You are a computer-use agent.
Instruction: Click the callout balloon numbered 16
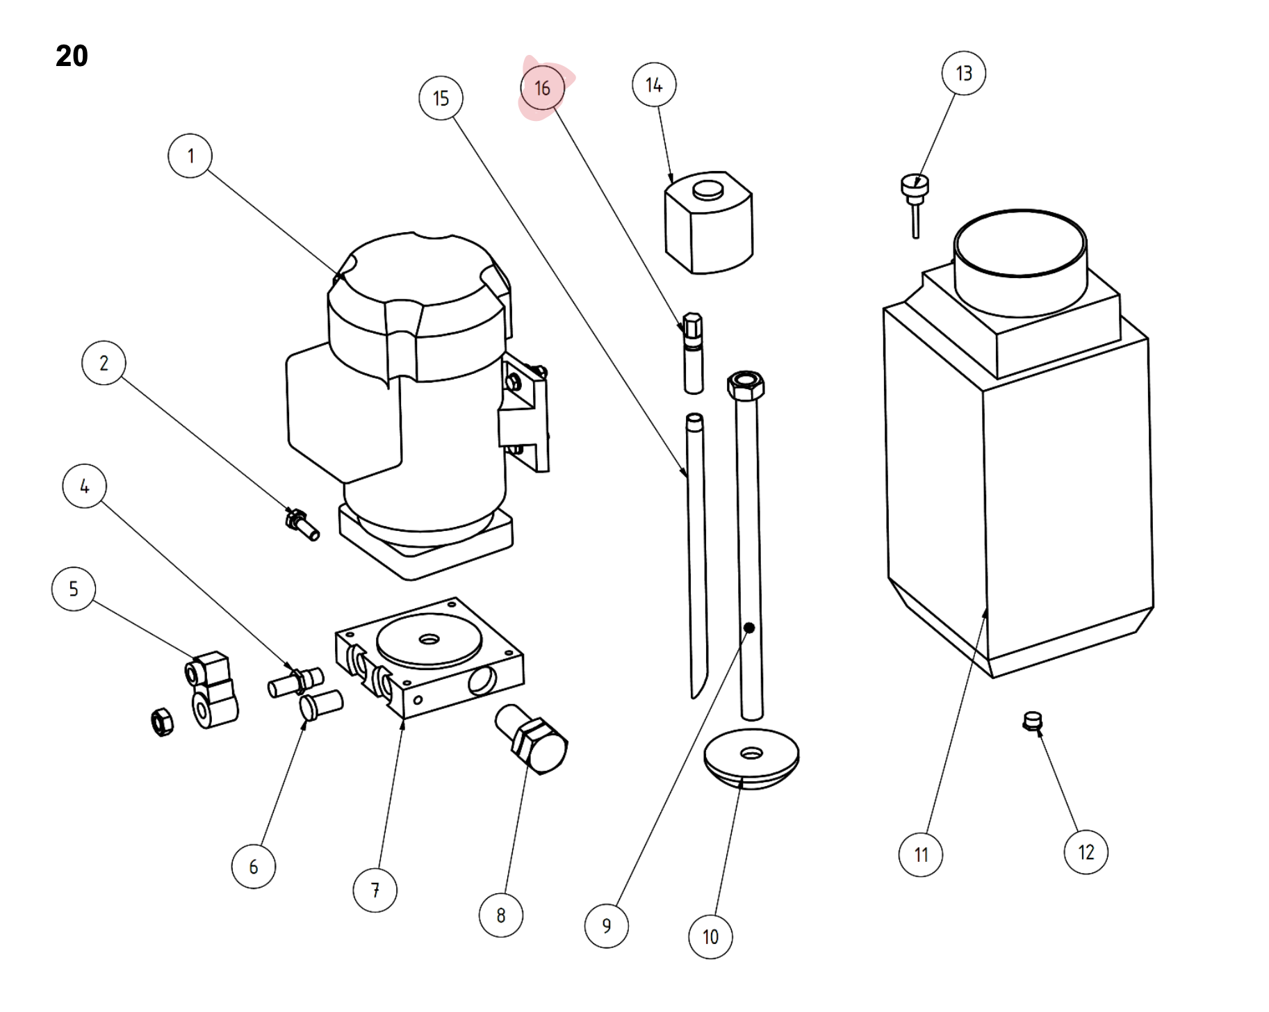[x=542, y=88]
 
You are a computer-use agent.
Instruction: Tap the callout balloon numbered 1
[x=190, y=156]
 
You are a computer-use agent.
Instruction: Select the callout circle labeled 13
[x=964, y=73]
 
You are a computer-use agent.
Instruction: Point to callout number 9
[x=607, y=926]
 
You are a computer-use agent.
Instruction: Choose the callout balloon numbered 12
[x=1086, y=852]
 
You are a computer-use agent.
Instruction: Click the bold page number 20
[x=72, y=56]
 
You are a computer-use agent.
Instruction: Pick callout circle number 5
[x=74, y=589]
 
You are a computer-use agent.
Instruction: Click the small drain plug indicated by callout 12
[x=1033, y=721]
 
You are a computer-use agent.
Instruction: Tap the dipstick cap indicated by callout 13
[x=915, y=206]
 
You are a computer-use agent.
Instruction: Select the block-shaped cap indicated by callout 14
[x=709, y=222]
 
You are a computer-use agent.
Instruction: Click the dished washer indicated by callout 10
[x=751, y=758]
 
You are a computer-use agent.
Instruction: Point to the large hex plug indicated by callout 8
[x=532, y=740]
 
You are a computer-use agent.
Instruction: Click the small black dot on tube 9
[x=749, y=628]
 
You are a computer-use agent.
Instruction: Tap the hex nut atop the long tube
[x=746, y=384]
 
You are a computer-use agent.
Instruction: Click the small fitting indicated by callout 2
[x=302, y=525]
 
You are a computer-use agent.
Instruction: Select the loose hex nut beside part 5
[x=162, y=722]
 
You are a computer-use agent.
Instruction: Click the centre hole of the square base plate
[x=429, y=639]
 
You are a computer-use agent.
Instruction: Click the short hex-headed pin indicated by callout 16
[x=693, y=353]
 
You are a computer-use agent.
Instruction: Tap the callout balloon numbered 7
[x=375, y=890]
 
